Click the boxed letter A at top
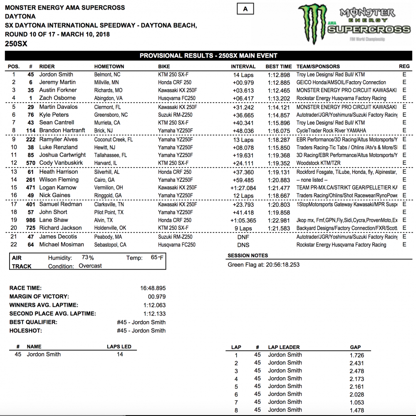[x=245, y=9]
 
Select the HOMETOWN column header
[x=109, y=66]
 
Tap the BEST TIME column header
[x=279, y=66]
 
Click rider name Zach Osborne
[x=57, y=98]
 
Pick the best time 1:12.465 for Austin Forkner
[x=279, y=90]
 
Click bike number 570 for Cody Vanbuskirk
[x=30, y=163]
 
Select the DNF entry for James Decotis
[x=243, y=237]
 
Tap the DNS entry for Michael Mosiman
[x=243, y=245]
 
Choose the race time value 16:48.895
[x=153, y=288]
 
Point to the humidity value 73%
[x=88, y=258]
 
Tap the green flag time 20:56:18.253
[x=278, y=265]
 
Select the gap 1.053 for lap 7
[x=357, y=402]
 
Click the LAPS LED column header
[x=119, y=346]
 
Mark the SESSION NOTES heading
[x=248, y=256]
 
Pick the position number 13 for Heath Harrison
[x=14, y=172]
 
